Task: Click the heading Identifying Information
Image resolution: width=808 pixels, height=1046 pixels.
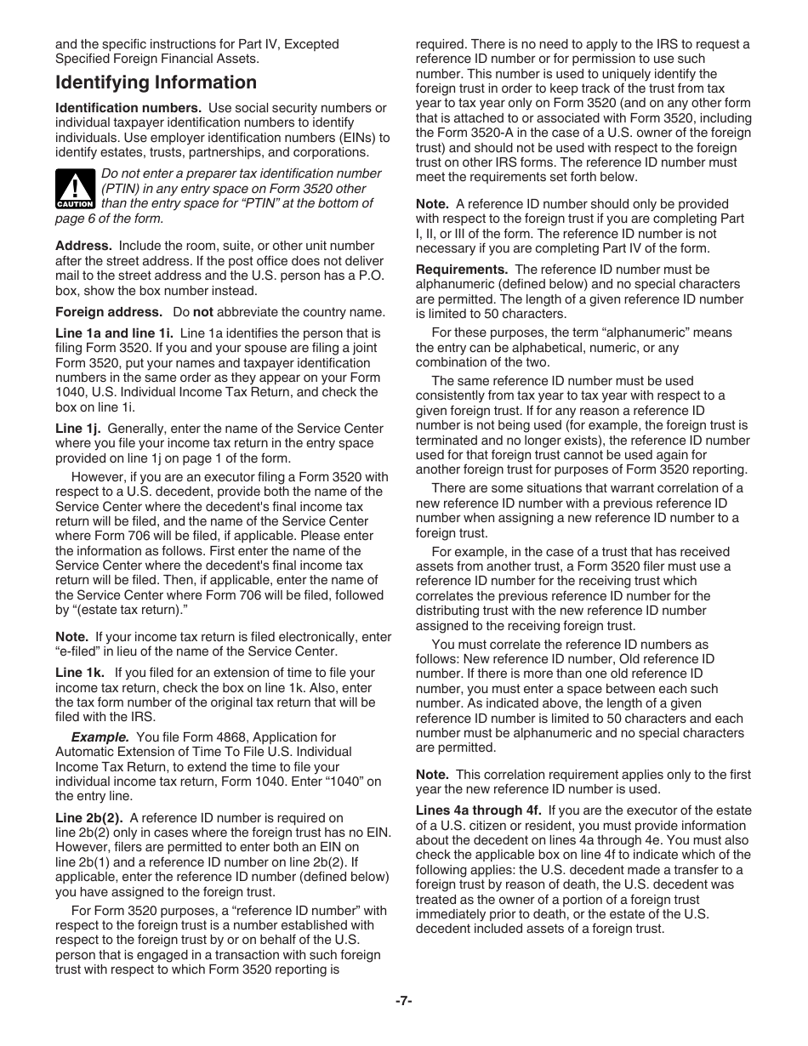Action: [156, 82]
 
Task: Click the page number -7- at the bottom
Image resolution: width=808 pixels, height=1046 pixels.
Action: [403, 1002]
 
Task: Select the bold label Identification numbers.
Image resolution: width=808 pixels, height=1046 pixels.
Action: [128, 108]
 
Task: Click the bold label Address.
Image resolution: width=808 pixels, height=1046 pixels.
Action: [83, 246]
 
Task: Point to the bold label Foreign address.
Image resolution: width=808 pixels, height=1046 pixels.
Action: [109, 312]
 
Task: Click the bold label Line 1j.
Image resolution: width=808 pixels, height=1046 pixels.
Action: [77, 429]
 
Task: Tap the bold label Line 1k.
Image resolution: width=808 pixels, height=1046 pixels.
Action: [79, 673]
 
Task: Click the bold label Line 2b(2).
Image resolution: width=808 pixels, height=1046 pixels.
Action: [88, 818]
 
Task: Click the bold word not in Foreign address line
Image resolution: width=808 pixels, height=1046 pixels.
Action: [202, 312]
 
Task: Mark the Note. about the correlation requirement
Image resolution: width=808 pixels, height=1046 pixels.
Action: [431, 774]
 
